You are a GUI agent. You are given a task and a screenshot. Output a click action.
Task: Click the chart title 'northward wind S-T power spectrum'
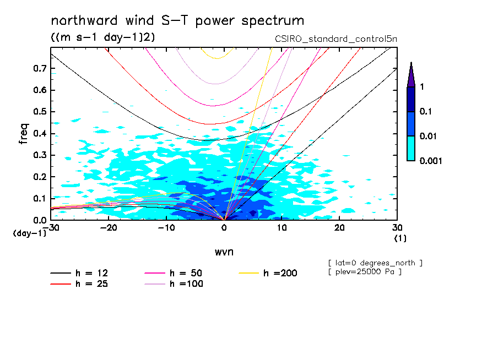pyautogui.click(x=177, y=21)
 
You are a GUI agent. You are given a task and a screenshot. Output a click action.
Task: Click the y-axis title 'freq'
pyautogui.click(x=23, y=134)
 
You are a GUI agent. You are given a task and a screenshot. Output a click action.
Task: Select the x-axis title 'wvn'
pyautogui.click(x=224, y=252)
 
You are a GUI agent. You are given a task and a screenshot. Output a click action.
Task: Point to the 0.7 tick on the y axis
pyautogui.click(x=39, y=68)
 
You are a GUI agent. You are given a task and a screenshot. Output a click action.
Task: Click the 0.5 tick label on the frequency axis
pyautogui.click(x=39, y=112)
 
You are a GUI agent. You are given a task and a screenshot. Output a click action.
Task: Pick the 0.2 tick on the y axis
pyautogui.click(x=39, y=177)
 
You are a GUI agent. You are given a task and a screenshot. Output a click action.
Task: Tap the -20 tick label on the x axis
pyautogui.click(x=109, y=228)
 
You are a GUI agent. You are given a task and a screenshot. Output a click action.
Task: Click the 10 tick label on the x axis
pyautogui.click(x=282, y=228)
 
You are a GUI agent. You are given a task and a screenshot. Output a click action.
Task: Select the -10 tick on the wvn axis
pyautogui.click(x=166, y=228)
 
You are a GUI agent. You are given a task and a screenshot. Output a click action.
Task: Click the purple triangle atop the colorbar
pyautogui.click(x=411, y=74)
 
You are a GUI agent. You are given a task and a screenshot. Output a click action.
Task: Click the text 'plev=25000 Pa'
pyautogui.click(x=364, y=272)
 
